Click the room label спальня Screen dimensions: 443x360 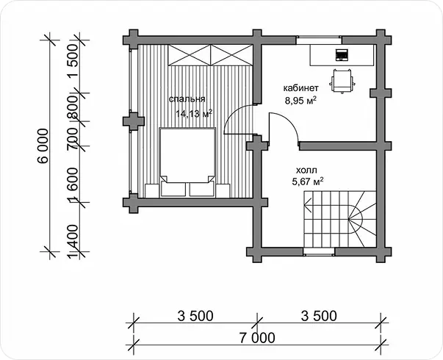[x=187, y=99]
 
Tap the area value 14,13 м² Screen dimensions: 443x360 [x=194, y=114]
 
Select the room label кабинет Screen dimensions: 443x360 [x=301, y=88]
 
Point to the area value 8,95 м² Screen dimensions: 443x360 [x=300, y=101]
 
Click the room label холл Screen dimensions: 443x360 [x=306, y=170]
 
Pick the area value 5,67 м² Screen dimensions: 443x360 [x=308, y=181]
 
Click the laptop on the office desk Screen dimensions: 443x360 [x=342, y=55]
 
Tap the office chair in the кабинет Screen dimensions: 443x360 [x=342, y=81]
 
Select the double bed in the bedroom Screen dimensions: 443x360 [x=187, y=162]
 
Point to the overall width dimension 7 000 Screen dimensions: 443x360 [x=257, y=338]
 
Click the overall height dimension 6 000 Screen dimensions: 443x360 [x=43, y=145]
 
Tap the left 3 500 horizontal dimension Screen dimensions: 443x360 [x=195, y=316]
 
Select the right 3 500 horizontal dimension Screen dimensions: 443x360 [x=319, y=316]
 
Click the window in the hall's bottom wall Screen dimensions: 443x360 [x=319, y=251]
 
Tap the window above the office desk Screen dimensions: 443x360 [x=319, y=40]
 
